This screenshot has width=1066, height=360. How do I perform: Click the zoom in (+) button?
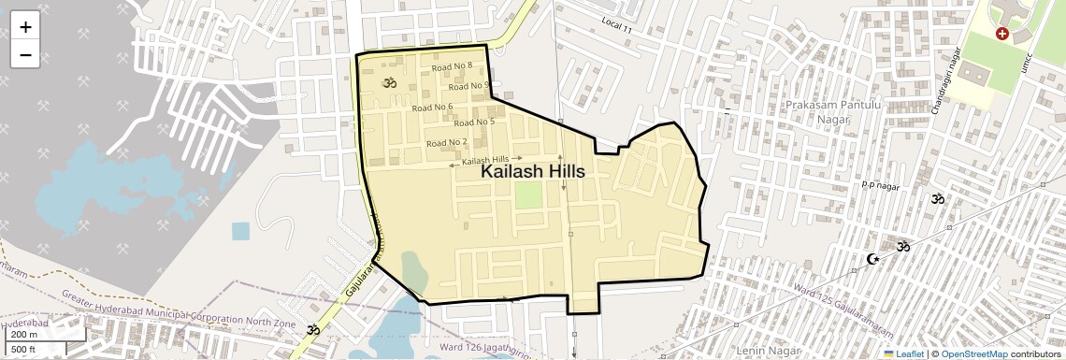[x=25, y=27]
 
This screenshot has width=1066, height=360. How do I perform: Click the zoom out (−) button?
[x=25, y=54]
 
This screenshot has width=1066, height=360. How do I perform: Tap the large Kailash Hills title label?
[x=533, y=172]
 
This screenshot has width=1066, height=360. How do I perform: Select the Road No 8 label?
[x=452, y=66]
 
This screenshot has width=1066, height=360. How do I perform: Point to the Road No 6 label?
[x=432, y=107]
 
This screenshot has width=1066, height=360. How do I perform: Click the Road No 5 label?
[x=473, y=122]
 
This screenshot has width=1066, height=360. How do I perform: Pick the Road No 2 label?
[x=446, y=142]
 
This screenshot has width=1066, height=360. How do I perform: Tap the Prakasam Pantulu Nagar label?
[x=818, y=112]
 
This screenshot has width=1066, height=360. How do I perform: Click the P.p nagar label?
[x=879, y=185]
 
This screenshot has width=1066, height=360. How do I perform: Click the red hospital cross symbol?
[x=1002, y=34]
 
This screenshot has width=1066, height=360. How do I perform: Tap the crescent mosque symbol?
[x=873, y=258]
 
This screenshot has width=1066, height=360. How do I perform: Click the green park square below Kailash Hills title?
[x=528, y=195]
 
